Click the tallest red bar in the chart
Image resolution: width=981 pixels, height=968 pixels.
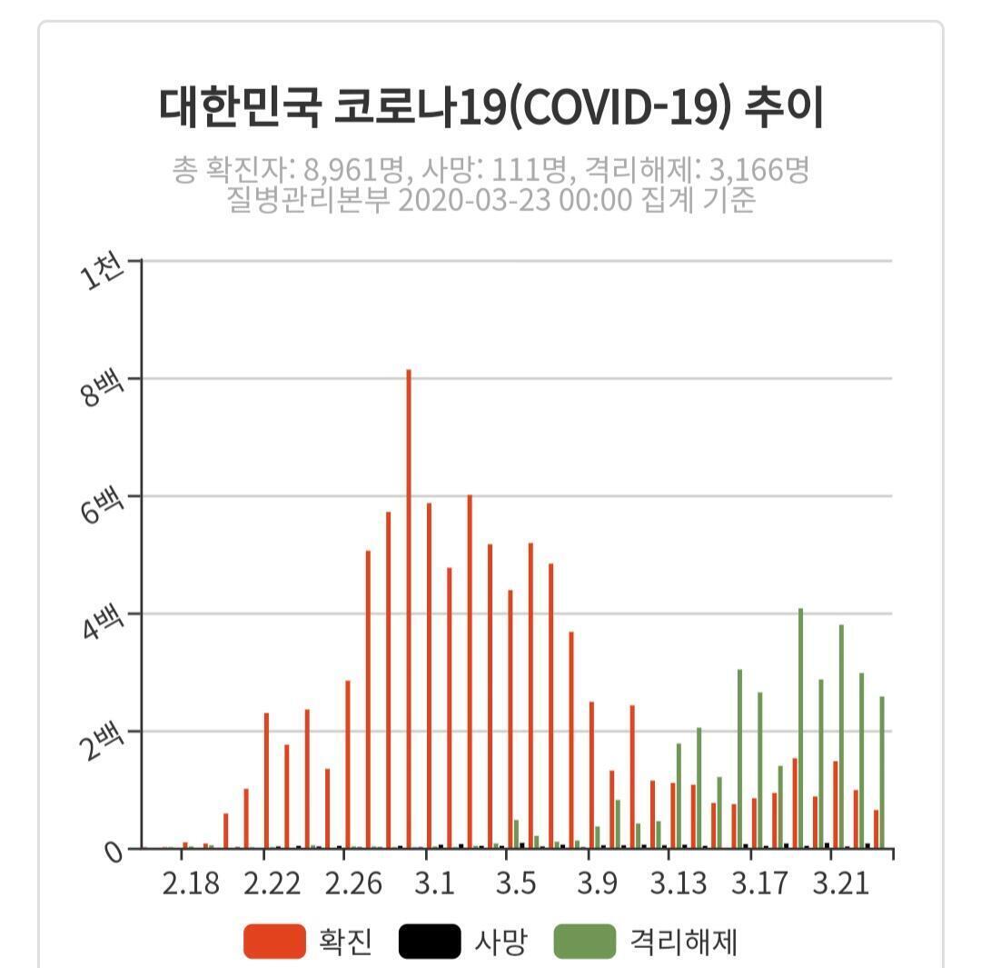click(x=409, y=609)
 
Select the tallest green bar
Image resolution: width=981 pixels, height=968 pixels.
click(x=800, y=727)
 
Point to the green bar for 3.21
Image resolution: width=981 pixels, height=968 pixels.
click(x=841, y=736)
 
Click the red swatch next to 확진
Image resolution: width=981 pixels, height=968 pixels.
click(x=274, y=941)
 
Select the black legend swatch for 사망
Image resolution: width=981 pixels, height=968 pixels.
click(x=430, y=941)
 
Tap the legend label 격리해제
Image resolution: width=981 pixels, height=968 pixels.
click(x=683, y=942)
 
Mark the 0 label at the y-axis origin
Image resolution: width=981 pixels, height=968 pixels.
click(x=114, y=853)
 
